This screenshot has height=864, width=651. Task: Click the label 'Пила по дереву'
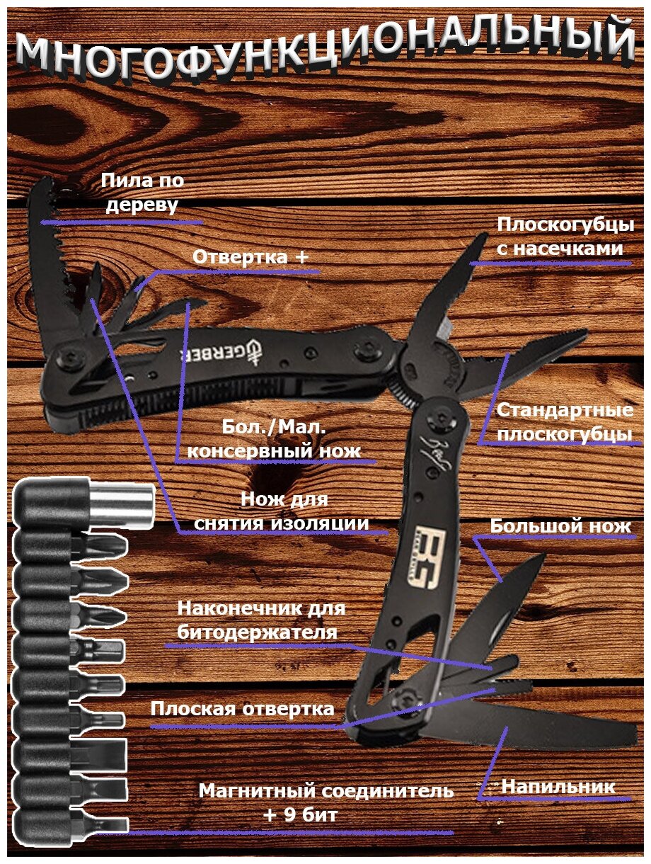[x=142, y=193]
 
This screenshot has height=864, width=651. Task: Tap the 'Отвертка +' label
[x=250, y=256]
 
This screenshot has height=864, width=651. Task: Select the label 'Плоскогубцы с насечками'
[x=564, y=237]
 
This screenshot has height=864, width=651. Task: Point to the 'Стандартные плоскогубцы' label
[x=564, y=422]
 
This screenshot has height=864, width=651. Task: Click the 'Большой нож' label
[x=560, y=526]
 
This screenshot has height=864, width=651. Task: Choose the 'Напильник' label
[x=558, y=786]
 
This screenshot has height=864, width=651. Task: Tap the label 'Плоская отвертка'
[x=242, y=709]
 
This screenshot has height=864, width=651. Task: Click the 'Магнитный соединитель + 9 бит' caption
[x=325, y=802]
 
